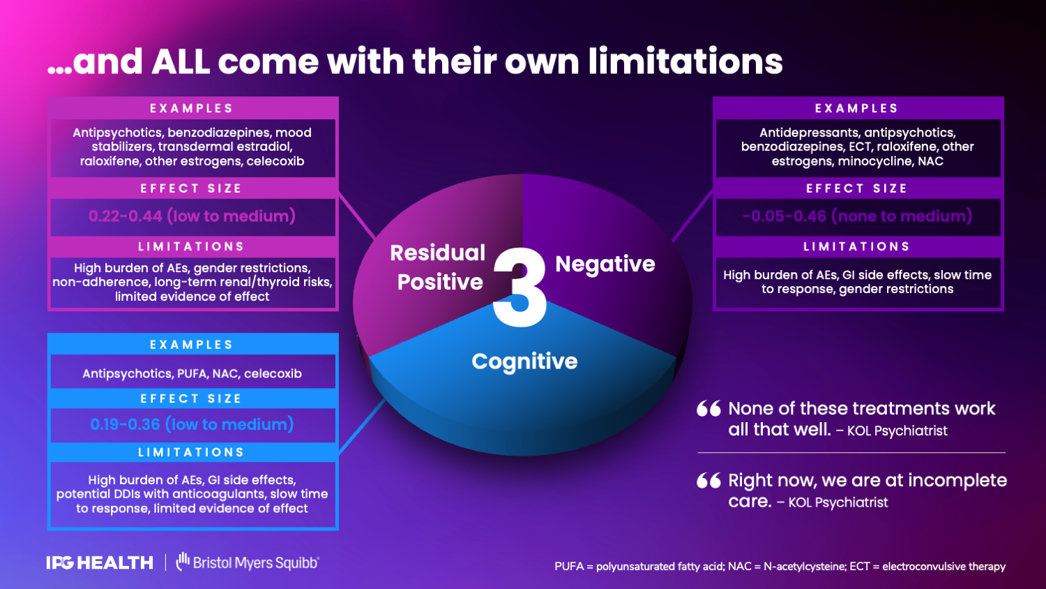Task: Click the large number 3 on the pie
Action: (x=520, y=287)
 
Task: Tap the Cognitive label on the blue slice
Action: (x=524, y=361)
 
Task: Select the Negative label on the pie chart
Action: (x=605, y=264)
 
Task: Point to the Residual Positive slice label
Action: (x=438, y=267)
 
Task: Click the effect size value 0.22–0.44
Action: (x=192, y=216)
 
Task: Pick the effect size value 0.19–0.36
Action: (x=192, y=424)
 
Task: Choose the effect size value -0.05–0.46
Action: (x=857, y=216)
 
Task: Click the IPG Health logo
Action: (x=100, y=562)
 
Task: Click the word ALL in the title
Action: (x=181, y=61)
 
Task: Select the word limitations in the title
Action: (x=685, y=61)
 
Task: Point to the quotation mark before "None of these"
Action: (x=708, y=409)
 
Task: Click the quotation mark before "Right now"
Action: (x=708, y=481)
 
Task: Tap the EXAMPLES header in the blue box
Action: (x=192, y=345)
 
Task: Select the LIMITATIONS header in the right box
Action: (x=857, y=246)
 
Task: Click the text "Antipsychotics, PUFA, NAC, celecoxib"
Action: (x=192, y=373)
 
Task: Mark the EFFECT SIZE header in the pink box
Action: (x=192, y=188)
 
